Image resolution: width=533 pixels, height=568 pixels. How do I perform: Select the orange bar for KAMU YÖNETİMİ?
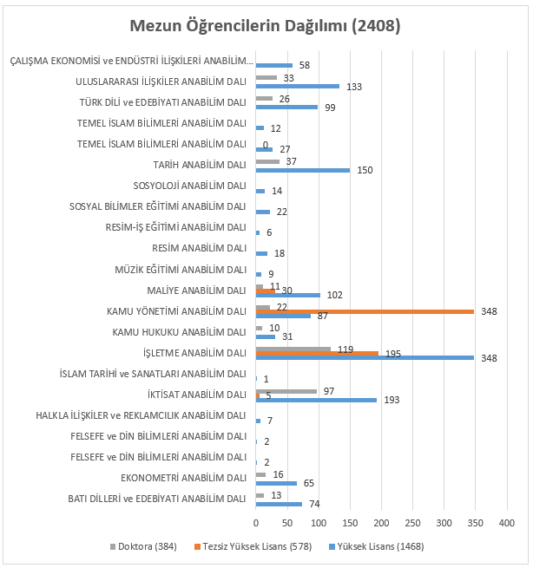(x=365, y=311)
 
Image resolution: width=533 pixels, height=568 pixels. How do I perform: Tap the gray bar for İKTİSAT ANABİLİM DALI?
(x=286, y=391)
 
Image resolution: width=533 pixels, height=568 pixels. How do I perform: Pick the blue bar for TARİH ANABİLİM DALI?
(x=303, y=170)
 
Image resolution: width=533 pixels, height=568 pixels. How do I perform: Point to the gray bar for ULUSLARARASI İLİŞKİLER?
(x=266, y=77)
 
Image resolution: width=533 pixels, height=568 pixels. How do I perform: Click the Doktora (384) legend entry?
(x=143, y=546)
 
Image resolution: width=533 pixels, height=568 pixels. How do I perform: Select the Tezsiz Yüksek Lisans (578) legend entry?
(x=253, y=546)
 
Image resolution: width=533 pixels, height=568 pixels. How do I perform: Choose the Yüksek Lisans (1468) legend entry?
(x=377, y=546)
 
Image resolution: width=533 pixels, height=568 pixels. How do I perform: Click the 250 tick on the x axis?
(x=412, y=523)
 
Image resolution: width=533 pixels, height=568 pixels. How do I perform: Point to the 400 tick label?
(x=507, y=523)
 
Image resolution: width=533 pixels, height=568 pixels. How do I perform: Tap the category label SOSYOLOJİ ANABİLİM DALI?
(x=189, y=186)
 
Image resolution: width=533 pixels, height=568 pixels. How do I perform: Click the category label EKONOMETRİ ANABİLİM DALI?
(x=183, y=478)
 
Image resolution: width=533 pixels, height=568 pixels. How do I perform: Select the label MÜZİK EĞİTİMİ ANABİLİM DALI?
(x=181, y=270)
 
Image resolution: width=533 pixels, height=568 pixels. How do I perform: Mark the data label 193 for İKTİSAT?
(x=392, y=400)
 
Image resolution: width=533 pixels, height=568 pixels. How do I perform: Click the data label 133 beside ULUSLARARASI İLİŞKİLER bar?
(x=354, y=87)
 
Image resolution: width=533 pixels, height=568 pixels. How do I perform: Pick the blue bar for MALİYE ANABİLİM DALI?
(x=288, y=295)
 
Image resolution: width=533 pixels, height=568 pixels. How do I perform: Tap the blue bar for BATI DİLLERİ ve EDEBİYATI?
(x=279, y=504)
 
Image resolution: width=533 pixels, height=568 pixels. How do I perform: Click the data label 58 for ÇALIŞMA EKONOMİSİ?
(x=305, y=65)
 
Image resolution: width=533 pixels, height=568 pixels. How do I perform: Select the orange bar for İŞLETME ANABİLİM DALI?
(x=317, y=353)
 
